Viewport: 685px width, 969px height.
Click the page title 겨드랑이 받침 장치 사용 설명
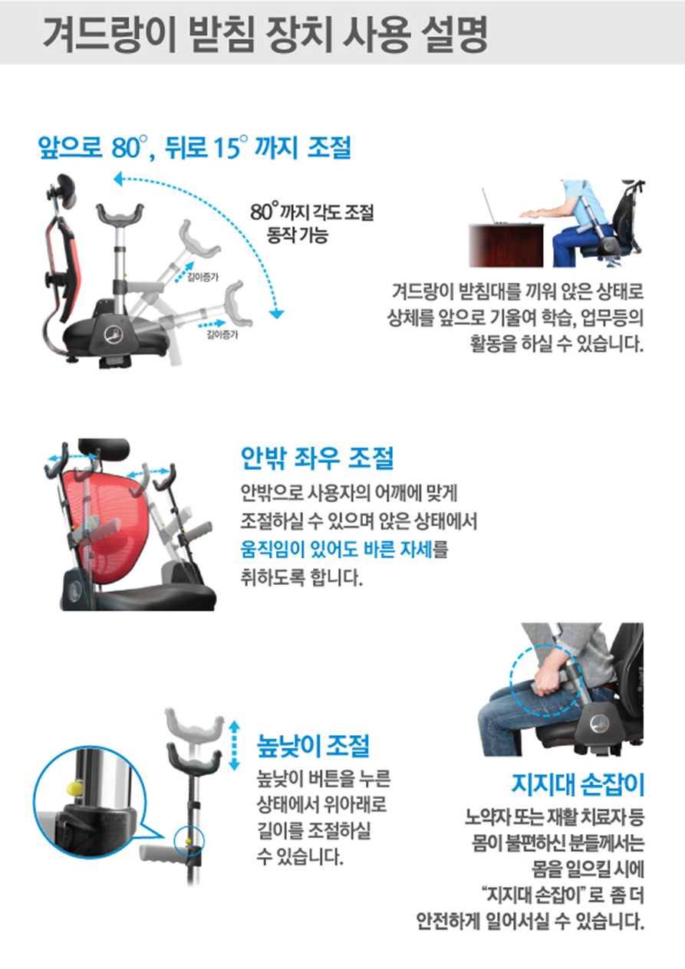[265, 34]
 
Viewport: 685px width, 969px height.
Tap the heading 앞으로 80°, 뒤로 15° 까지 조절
[194, 147]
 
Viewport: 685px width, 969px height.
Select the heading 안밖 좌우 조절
[317, 458]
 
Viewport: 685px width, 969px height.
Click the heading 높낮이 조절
[313, 745]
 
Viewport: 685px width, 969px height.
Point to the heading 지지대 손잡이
[578, 784]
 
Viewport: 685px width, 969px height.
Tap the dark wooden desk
[506, 245]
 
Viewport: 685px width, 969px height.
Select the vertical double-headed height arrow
[234, 744]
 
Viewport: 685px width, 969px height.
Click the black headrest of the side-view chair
[66, 187]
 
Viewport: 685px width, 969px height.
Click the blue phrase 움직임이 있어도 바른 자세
[337, 550]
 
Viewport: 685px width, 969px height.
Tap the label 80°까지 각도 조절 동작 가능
[312, 223]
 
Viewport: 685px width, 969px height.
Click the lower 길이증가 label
[222, 334]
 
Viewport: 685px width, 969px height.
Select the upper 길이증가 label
[203, 278]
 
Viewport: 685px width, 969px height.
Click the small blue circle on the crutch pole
[189, 840]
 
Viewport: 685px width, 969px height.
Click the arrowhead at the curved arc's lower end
[276, 314]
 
